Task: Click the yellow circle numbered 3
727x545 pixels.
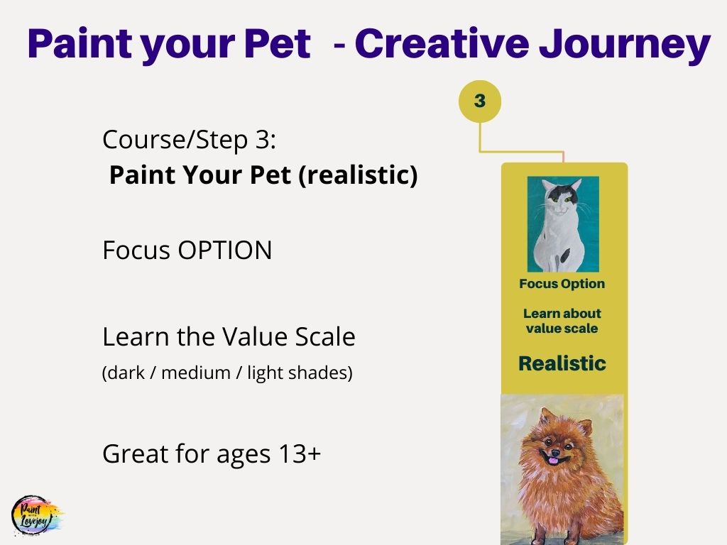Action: [480, 101]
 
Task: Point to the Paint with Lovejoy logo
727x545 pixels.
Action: [38, 515]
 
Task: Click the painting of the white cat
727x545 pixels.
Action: [563, 224]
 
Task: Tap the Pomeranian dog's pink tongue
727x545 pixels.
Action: [553, 461]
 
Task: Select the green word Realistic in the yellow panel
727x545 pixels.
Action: [562, 363]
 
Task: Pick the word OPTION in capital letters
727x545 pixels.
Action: [225, 251]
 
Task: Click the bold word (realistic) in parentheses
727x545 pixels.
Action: [358, 175]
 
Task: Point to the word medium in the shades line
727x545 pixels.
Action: [196, 373]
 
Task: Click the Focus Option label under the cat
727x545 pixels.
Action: [562, 284]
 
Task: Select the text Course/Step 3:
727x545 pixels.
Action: [189, 140]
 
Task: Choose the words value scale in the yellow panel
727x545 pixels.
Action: [562, 328]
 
